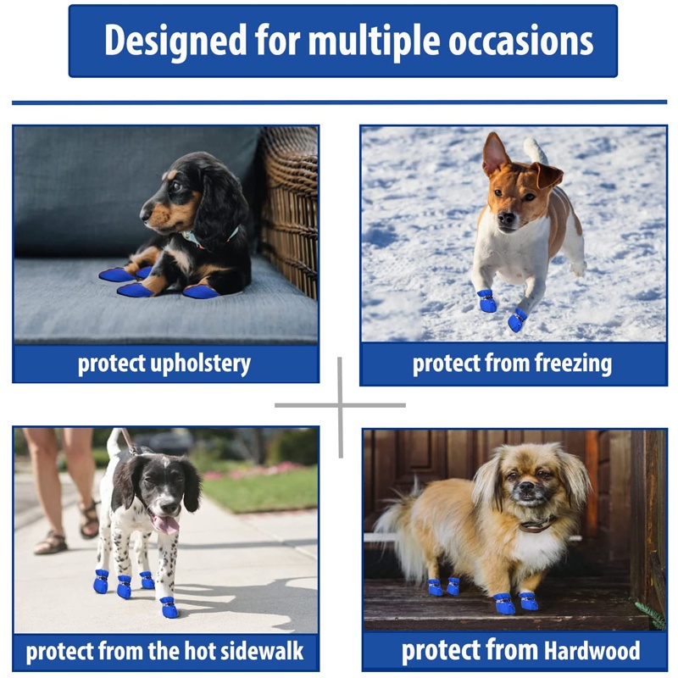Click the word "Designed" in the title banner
coord(175,42)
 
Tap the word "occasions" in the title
coord(521,42)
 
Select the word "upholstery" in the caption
coord(200,364)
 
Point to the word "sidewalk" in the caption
coord(262,651)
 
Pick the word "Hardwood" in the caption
coord(592,650)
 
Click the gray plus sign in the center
coord(341,406)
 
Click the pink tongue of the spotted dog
coord(166,524)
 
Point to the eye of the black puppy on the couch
coord(177,186)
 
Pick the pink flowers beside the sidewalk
coord(255,470)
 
